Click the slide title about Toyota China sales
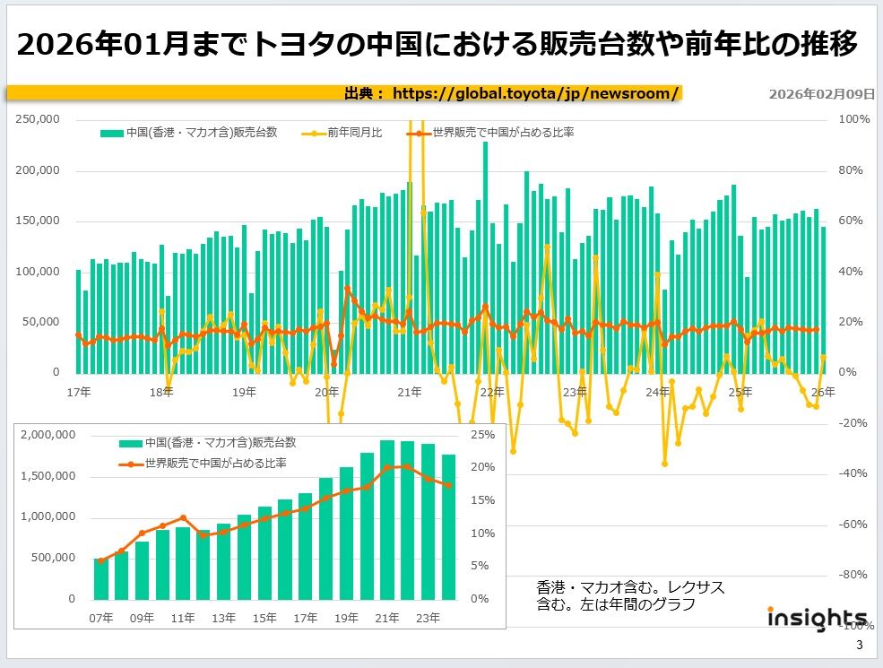pos(437,44)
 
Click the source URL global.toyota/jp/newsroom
pos(535,92)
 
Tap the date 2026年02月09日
pos(822,93)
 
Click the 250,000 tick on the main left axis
pos(39,119)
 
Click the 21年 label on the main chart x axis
pos(410,392)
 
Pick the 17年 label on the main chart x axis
pos(78,392)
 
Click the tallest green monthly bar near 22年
pos(485,256)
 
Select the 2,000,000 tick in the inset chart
pos(49,435)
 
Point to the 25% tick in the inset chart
pos(482,435)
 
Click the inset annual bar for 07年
pos(100,578)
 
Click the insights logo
pos(817,619)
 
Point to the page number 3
pos(860,646)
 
